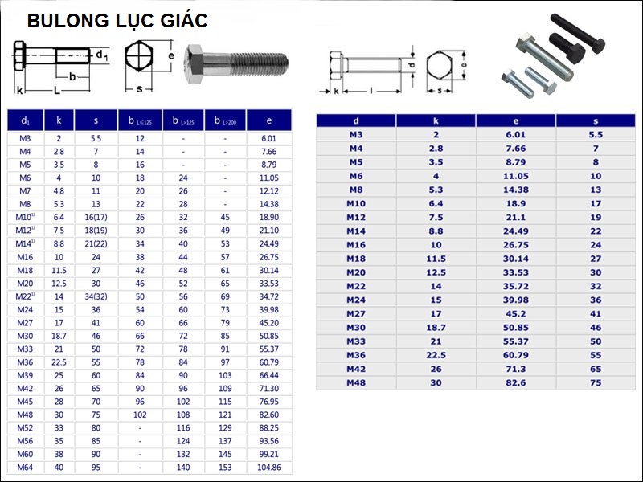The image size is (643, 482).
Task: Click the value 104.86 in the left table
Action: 269,468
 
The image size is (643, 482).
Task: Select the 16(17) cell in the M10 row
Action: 96,217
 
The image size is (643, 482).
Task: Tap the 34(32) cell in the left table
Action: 96,296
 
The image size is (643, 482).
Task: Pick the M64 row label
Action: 25,468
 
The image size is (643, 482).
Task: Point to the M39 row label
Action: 25,375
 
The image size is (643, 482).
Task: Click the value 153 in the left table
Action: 225,468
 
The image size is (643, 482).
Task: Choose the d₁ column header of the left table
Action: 26,120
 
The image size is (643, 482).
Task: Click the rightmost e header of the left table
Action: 269,120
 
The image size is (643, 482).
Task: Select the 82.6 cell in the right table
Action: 516,383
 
